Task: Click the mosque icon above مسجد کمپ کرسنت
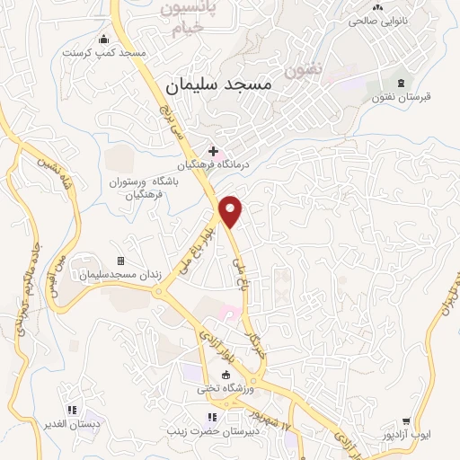click(104, 39)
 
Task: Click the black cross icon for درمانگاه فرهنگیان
click(213, 151)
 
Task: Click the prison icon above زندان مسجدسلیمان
click(96, 261)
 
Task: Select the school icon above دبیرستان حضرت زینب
click(212, 417)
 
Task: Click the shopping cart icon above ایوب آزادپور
click(406, 420)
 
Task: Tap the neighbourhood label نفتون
click(299, 68)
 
